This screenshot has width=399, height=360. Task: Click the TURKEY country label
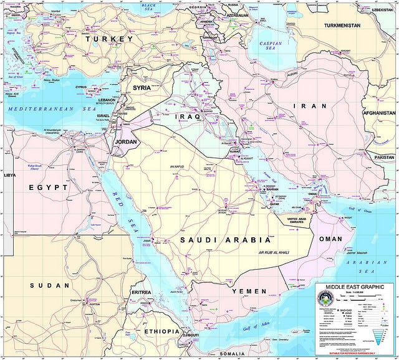point(109,39)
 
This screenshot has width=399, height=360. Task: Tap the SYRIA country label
point(142,88)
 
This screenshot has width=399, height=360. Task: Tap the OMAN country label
point(330,239)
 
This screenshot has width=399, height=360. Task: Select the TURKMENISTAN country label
point(351,26)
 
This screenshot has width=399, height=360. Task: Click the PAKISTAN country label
point(384,157)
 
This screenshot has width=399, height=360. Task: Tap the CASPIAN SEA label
point(271,46)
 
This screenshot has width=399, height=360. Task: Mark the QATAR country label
point(272,203)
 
